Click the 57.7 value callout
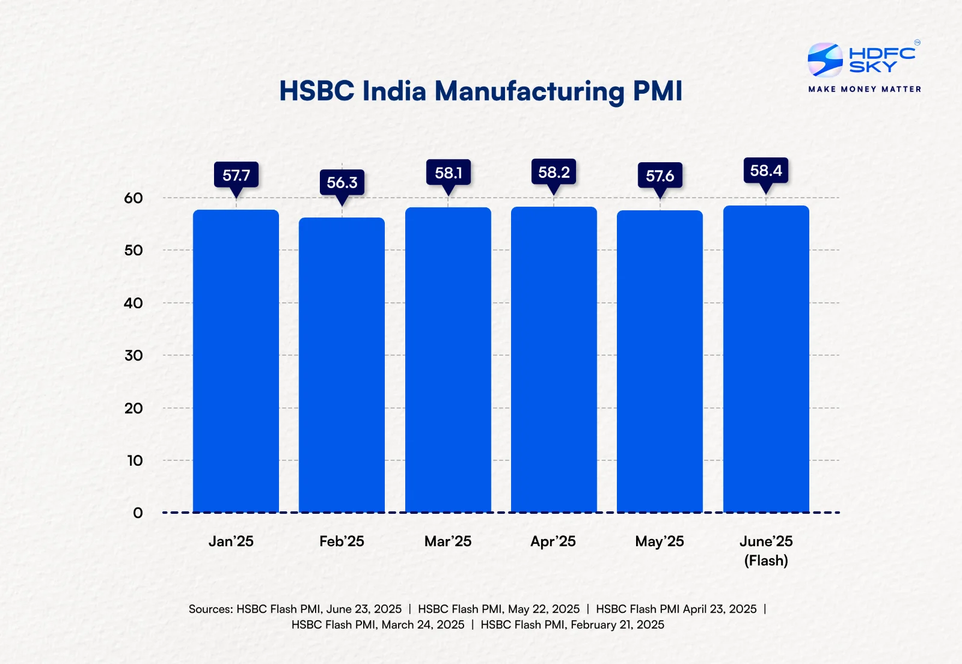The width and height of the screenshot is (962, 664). [x=236, y=175]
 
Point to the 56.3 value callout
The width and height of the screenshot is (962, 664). [x=342, y=183]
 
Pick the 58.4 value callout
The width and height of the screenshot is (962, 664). [x=766, y=171]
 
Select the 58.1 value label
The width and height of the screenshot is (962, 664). [x=449, y=173]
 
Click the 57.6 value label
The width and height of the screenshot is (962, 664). [x=660, y=176]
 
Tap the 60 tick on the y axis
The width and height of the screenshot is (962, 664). [x=133, y=198]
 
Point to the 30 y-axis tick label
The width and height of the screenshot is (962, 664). [x=133, y=356]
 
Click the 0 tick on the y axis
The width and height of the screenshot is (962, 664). [x=138, y=513]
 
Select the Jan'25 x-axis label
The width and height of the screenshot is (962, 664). [x=231, y=541]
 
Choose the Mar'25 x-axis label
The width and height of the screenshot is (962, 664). [x=448, y=541]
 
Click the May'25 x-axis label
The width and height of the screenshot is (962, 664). [x=660, y=541]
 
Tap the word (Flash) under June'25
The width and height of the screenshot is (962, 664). [x=766, y=561]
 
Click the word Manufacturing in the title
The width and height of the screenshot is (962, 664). [x=530, y=91]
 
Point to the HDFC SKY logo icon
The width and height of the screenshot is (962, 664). [x=825, y=60]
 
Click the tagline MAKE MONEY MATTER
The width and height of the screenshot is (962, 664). [x=865, y=89]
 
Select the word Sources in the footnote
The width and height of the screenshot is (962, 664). [x=210, y=609]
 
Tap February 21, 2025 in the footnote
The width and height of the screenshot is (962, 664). [x=617, y=625]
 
